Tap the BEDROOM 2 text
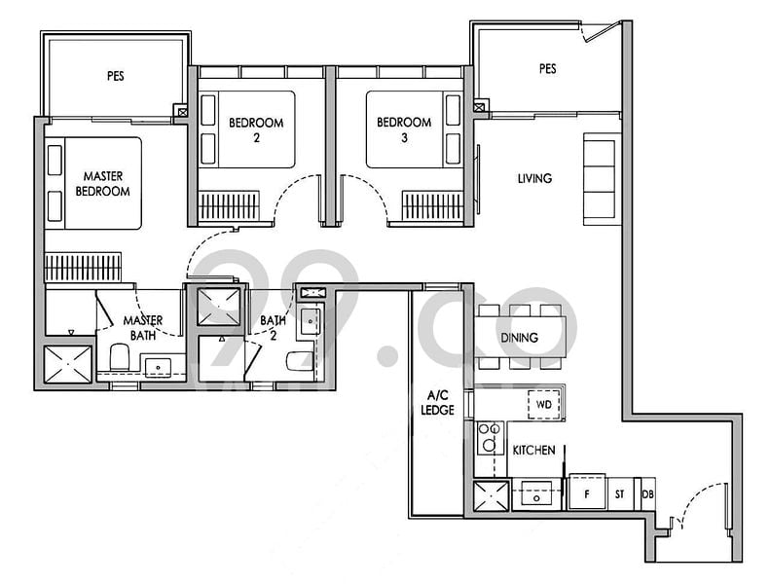(x=256, y=129)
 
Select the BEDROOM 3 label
(x=404, y=129)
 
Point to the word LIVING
(x=534, y=178)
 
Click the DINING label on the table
(x=519, y=338)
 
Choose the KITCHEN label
(x=533, y=450)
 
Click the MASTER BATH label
(x=142, y=328)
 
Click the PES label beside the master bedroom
(x=116, y=75)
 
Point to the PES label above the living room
(x=547, y=69)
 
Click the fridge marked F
(x=587, y=493)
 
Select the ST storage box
(x=619, y=493)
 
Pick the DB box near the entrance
(x=648, y=493)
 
